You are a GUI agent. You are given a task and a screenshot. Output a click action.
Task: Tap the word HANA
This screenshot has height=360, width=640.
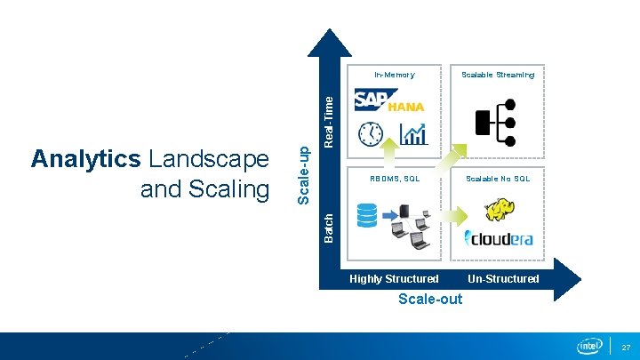tap(406, 107)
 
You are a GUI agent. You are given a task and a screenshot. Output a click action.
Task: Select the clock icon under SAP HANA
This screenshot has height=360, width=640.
tap(370, 134)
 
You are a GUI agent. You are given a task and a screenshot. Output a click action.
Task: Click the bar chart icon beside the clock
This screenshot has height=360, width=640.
tap(413, 133)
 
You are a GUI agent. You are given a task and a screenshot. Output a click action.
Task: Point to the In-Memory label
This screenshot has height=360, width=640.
tap(394, 75)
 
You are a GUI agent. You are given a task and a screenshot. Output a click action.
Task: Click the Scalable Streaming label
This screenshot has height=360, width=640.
tap(498, 75)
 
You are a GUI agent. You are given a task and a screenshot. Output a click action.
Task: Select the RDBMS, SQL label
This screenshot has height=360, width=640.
tap(395, 179)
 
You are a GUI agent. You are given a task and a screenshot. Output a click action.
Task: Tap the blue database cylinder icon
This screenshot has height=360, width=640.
tap(366, 213)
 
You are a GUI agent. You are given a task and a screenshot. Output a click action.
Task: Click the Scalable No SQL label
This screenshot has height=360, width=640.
tap(498, 179)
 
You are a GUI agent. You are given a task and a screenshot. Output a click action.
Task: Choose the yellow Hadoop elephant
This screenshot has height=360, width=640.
tap(498, 210)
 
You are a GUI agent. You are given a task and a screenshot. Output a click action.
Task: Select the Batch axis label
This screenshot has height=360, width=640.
tap(329, 227)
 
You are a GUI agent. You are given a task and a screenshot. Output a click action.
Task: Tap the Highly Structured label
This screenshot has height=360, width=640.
tap(394, 279)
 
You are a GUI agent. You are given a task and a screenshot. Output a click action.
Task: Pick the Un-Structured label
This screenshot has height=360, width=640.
tap(503, 279)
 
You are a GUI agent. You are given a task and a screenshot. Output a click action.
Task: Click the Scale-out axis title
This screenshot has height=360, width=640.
tap(430, 299)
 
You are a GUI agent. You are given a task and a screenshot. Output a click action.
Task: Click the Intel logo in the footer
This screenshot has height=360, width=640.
tap(590, 345)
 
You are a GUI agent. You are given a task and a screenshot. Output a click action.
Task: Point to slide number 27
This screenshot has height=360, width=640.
tap(625, 346)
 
